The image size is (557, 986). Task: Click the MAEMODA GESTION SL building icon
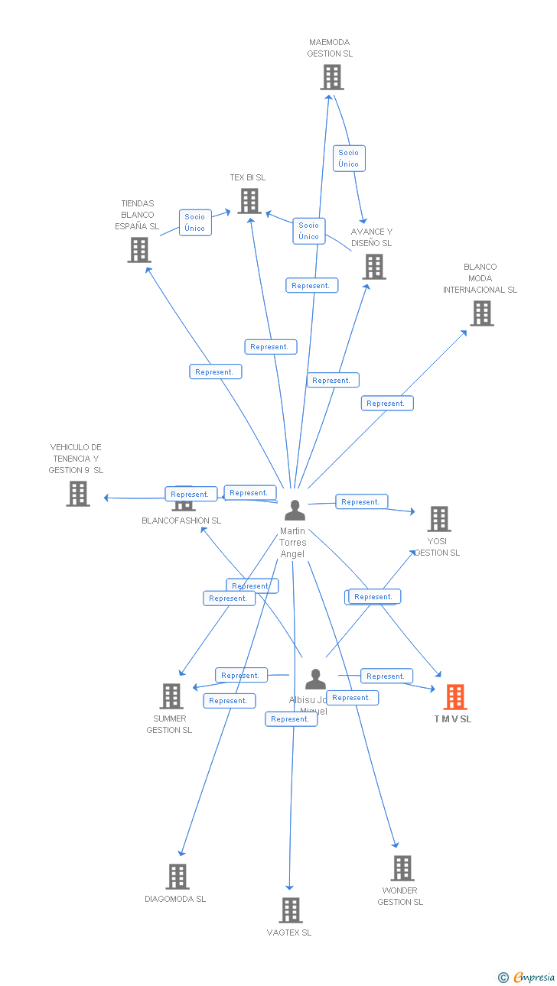pos(331,77)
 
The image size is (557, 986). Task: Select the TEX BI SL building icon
pos(249,201)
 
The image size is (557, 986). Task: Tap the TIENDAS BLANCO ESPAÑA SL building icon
pos(138,250)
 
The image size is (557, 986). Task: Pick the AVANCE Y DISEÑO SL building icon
pos(373,267)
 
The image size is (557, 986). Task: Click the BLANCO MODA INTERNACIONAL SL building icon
pos(481,313)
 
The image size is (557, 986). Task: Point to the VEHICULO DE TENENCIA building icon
pos(78,494)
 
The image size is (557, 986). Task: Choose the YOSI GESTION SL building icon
pos(438,519)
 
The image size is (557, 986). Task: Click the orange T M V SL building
pos(455,697)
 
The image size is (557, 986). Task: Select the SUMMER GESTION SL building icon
pos(171,696)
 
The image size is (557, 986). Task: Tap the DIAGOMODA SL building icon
pos(178,877)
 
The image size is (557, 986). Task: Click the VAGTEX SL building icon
pos(291,910)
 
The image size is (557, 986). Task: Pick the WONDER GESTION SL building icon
pos(402,868)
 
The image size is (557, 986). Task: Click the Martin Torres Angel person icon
pos(295,511)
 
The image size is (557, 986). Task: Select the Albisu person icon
pos(315,679)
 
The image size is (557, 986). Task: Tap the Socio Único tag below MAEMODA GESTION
pos(349,158)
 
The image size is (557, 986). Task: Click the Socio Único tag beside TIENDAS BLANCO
pos(195,222)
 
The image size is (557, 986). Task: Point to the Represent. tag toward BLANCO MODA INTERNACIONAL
pos(386,404)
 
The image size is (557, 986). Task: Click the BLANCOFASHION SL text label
pos(181,521)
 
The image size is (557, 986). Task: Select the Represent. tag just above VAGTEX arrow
pos(291,719)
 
